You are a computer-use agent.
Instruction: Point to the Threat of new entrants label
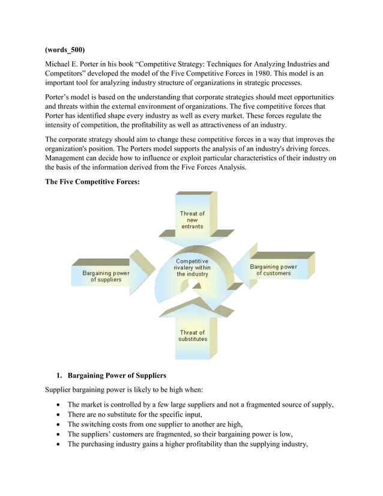coord(192,220)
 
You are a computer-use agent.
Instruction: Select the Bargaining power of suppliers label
coord(106,276)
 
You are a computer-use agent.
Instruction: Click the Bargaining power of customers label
coord(273,270)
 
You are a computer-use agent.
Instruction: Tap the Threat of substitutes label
coord(193,336)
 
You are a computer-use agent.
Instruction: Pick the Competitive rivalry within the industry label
coord(192,268)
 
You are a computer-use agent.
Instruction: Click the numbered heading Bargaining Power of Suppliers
coord(116,376)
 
